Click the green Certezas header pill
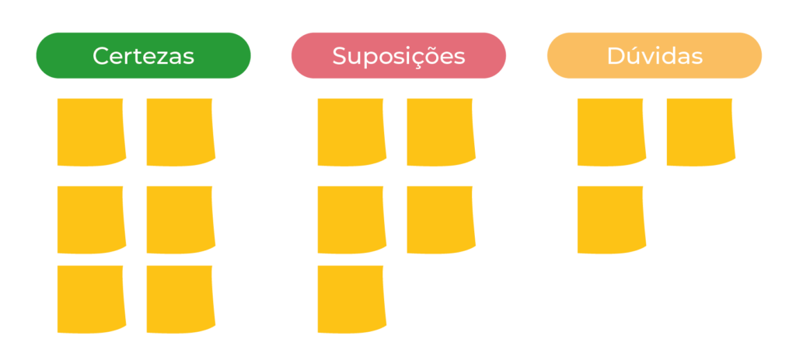click(143, 56)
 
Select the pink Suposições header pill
click(398, 56)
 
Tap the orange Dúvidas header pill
click(654, 56)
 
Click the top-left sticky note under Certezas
click(91, 131)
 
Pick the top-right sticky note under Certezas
click(180, 131)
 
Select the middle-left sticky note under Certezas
click(91, 219)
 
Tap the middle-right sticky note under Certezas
click(180, 219)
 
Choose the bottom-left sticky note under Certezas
click(91, 299)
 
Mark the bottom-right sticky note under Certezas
click(180, 299)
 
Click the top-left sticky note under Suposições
click(351, 131)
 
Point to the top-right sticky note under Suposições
click(440, 131)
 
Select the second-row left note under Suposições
click(351, 219)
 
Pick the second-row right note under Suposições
click(440, 219)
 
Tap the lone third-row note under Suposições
click(351, 299)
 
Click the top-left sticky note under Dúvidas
click(611, 131)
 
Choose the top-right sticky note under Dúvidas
click(700, 131)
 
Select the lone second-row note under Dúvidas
click(611, 219)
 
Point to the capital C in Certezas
click(100, 57)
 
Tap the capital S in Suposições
click(340, 57)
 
